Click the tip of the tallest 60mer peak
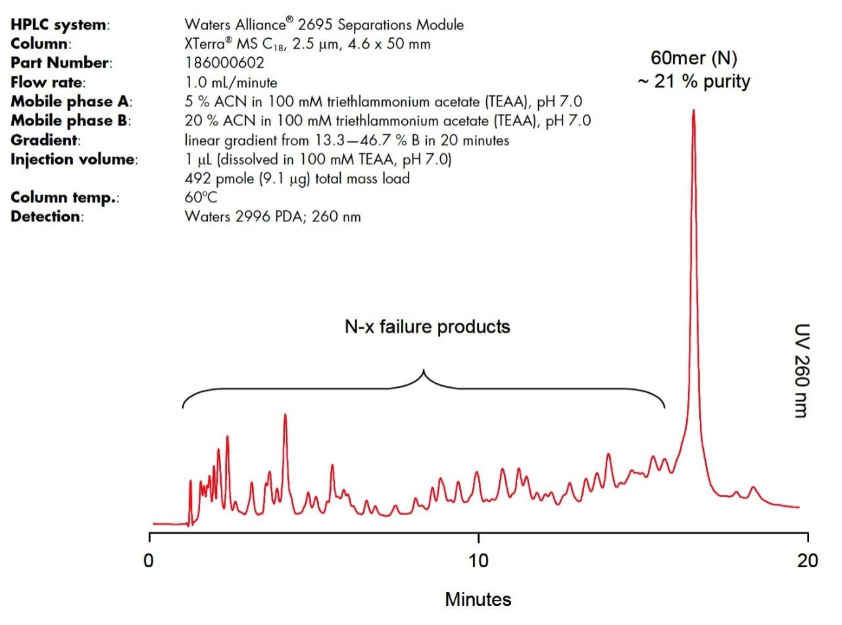tap(693, 111)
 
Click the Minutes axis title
tap(478, 599)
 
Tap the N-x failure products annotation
tap(427, 327)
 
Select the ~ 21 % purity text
tap(693, 82)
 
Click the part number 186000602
tap(225, 64)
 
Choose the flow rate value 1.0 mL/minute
tap(231, 83)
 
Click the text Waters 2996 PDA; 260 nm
tap(272, 217)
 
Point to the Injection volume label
tap(74, 159)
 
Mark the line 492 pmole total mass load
tap(297, 178)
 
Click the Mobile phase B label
tap(72, 121)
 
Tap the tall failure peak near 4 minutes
tap(285, 415)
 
